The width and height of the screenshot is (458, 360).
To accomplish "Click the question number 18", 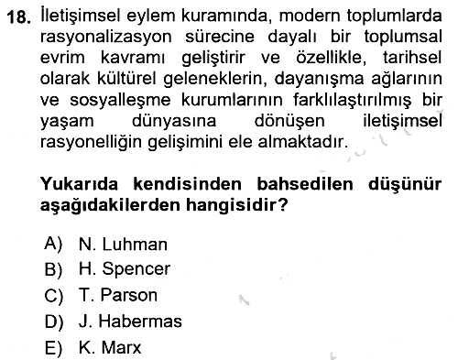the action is point(18,17).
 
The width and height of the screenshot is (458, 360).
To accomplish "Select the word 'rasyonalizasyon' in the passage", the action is point(106,38).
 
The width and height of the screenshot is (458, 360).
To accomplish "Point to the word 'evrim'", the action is point(62,58).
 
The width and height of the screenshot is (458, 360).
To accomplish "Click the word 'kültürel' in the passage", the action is point(126,79).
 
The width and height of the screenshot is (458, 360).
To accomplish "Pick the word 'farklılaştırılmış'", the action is point(352,101).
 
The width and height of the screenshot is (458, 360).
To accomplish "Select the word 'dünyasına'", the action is point(174,122).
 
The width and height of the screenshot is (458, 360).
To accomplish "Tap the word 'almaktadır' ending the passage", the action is point(303,142).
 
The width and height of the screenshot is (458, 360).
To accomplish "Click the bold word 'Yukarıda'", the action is point(79,184).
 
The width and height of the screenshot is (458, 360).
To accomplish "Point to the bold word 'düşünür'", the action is point(405,185).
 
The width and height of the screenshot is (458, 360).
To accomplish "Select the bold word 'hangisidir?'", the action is point(237,205).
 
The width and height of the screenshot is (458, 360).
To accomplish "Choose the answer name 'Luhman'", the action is point(135,245).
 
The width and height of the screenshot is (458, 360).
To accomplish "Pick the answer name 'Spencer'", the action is point(136,269).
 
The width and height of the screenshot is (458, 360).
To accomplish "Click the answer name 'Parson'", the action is point(129,295).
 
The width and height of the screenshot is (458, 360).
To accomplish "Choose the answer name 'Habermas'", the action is point(140,322).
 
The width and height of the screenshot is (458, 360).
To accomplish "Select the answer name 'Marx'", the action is point(121,347).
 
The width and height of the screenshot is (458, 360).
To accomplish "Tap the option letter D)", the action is point(54,322).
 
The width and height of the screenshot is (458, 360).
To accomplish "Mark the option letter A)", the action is point(53,245).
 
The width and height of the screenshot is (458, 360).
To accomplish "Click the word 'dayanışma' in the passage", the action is point(319,79).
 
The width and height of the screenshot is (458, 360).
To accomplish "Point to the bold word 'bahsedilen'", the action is point(305,184).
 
